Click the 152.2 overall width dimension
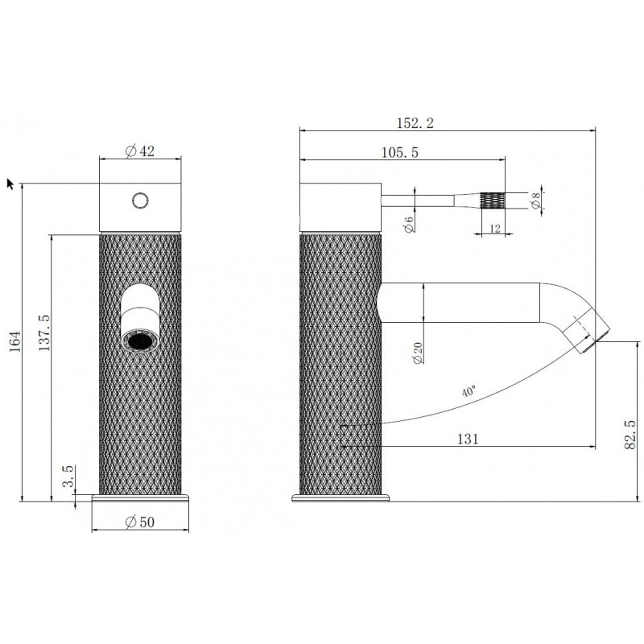[415, 123]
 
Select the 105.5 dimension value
[399, 152]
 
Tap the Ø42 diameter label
[139, 151]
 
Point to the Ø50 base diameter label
[139, 522]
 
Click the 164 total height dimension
[14, 341]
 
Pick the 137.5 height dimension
[44, 332]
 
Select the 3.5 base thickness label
[68, 476]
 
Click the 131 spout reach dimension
[468, 439]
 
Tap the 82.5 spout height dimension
[630, 435]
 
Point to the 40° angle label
[469, 390]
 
